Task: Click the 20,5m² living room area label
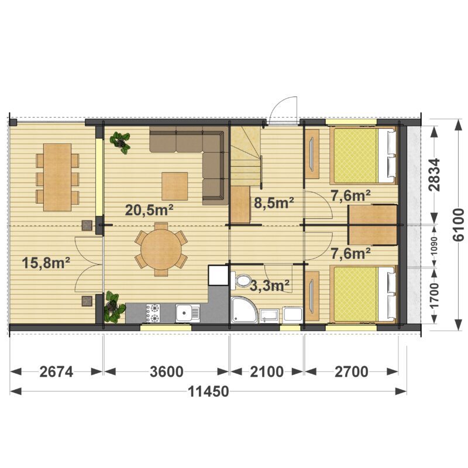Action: coord(149,210)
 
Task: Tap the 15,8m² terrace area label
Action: coord(46,263)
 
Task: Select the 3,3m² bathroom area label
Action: coord(270,285)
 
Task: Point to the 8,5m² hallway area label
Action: coord(274,202)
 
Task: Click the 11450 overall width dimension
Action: coord(208,391)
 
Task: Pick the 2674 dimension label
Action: coord(56,372)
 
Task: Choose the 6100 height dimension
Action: coord(458,225)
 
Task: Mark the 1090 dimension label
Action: coord(434,246)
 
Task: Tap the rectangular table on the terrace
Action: coord(57,177)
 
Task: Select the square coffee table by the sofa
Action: coord(175,186)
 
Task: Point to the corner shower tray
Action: coord(243,309)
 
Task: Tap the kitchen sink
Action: coord(188,313)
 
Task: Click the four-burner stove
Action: coord(153,313)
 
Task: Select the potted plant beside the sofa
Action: coord(121,142)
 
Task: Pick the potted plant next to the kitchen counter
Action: coord(113,308)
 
